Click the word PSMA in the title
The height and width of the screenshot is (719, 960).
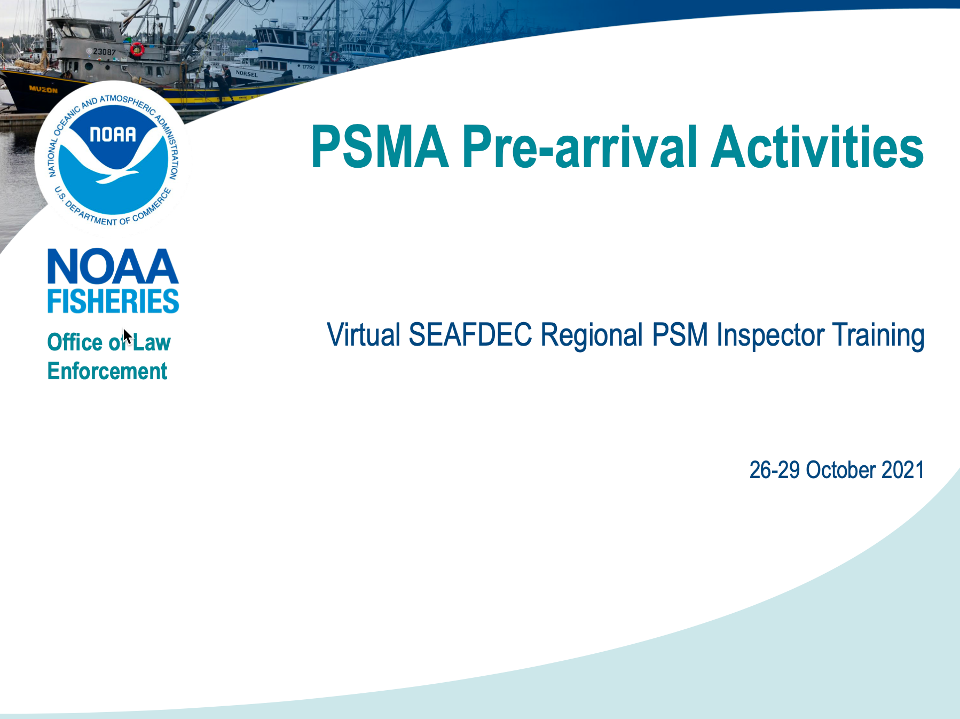click(380, 147)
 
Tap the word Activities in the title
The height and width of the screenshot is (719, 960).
click(817, 146)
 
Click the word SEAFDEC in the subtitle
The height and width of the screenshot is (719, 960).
click(470, 335)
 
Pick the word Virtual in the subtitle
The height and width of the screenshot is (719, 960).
click(364, 335)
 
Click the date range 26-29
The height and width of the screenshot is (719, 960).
click(775, 470)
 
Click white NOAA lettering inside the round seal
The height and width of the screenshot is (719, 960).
click(113, 135)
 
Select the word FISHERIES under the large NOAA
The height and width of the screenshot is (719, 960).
click(113, 301)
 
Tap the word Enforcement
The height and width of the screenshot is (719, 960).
click(107, 371)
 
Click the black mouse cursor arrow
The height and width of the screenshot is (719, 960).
click(128, 337)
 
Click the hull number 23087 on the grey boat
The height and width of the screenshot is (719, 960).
click(104, 52)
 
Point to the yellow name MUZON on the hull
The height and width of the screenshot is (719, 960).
click(43, 89)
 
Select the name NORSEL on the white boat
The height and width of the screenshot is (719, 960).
click(247, 74)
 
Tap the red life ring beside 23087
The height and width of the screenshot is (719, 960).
click(137, 50)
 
